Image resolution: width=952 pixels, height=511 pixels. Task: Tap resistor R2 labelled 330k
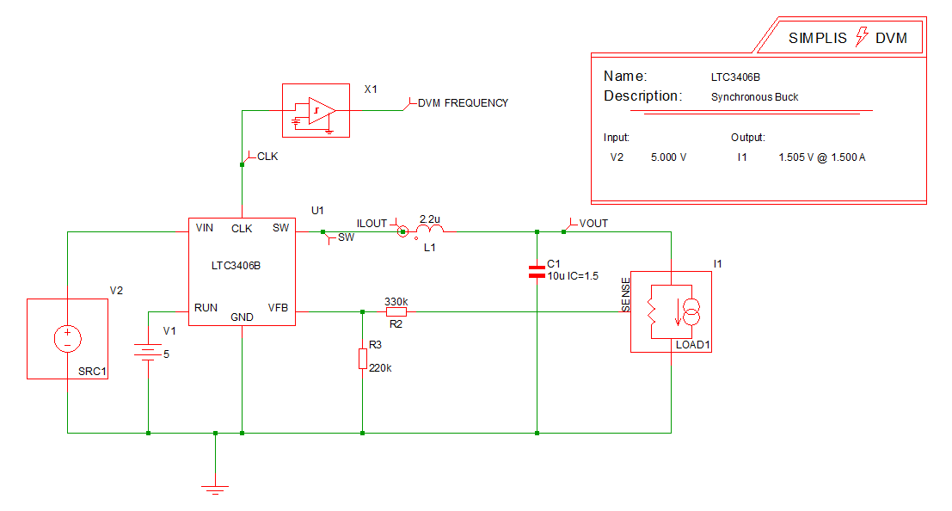396,312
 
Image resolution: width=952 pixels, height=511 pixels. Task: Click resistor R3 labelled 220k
363,359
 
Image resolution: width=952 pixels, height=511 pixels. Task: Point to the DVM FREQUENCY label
463,103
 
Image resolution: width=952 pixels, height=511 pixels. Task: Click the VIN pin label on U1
205,228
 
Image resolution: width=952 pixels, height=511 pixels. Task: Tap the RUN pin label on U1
206,307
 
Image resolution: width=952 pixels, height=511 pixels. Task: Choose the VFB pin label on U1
279,307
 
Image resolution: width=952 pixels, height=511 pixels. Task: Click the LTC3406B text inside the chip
236,266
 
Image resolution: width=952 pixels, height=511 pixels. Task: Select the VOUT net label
593,224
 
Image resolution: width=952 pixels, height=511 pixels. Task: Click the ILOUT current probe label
372,224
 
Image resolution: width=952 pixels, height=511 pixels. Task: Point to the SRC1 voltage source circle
66,338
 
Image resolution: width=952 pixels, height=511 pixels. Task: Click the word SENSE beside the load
626,294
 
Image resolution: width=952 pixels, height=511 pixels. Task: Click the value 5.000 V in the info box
669,158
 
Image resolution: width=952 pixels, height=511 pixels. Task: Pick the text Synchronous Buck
754,97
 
